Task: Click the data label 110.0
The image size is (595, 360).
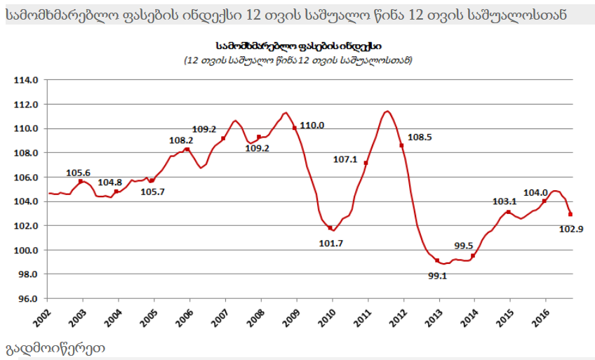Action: (312, 126)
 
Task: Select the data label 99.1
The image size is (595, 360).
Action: (437, 276)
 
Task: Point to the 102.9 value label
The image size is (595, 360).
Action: (571, 228)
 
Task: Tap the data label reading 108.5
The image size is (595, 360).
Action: (420, 138)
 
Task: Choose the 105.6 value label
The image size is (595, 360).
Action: (78, 173)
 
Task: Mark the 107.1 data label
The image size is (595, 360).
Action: (345, 159)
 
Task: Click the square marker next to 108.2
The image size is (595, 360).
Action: (187, 149)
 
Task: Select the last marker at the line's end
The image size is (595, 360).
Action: (570, 214)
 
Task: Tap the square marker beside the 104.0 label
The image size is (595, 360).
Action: (544, 201)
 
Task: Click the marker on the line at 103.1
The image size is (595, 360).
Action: (508, 212)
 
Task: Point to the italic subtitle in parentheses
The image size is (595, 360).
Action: (297, 60)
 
